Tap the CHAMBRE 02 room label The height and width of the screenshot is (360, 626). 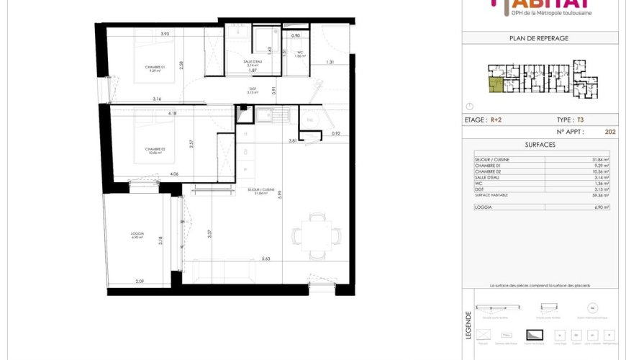pos(155,150)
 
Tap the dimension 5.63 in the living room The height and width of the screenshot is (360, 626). pos(266,258)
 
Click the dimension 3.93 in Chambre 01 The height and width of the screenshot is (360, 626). pos(165,34)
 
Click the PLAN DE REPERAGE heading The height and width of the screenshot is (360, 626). pos(540,38)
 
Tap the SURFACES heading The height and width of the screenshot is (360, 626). pos(540,144)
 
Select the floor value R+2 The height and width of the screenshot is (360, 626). pos(497,120)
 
